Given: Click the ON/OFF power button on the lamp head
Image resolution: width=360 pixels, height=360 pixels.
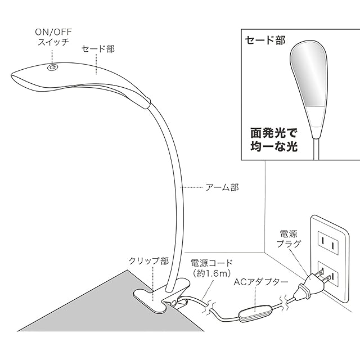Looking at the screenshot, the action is coord(52,67).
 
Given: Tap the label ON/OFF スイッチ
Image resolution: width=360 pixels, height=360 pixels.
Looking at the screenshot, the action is coord(53,37).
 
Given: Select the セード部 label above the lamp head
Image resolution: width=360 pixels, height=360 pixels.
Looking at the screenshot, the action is coord(98,49).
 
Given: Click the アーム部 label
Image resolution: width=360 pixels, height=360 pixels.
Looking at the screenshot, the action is coord(222,187).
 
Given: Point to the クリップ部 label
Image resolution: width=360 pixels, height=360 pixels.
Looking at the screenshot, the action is coord(148,261).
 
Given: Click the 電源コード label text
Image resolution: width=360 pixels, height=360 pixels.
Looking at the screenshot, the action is coord(211,263).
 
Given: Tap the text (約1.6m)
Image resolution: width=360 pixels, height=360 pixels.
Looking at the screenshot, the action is coord(211,273).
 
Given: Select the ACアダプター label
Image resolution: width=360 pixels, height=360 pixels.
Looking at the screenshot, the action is coord(261,282).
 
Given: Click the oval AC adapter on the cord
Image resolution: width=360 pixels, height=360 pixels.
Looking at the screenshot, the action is coord(255,313).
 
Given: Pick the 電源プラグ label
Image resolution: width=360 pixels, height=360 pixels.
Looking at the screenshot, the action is coord(289,238).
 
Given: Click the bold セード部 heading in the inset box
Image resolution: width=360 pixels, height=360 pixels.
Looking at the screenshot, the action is coord(265,40).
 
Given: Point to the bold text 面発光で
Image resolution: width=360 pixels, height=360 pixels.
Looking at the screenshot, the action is coord(274,133).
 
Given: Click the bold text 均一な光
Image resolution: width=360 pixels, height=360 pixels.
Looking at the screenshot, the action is coord(274,146).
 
